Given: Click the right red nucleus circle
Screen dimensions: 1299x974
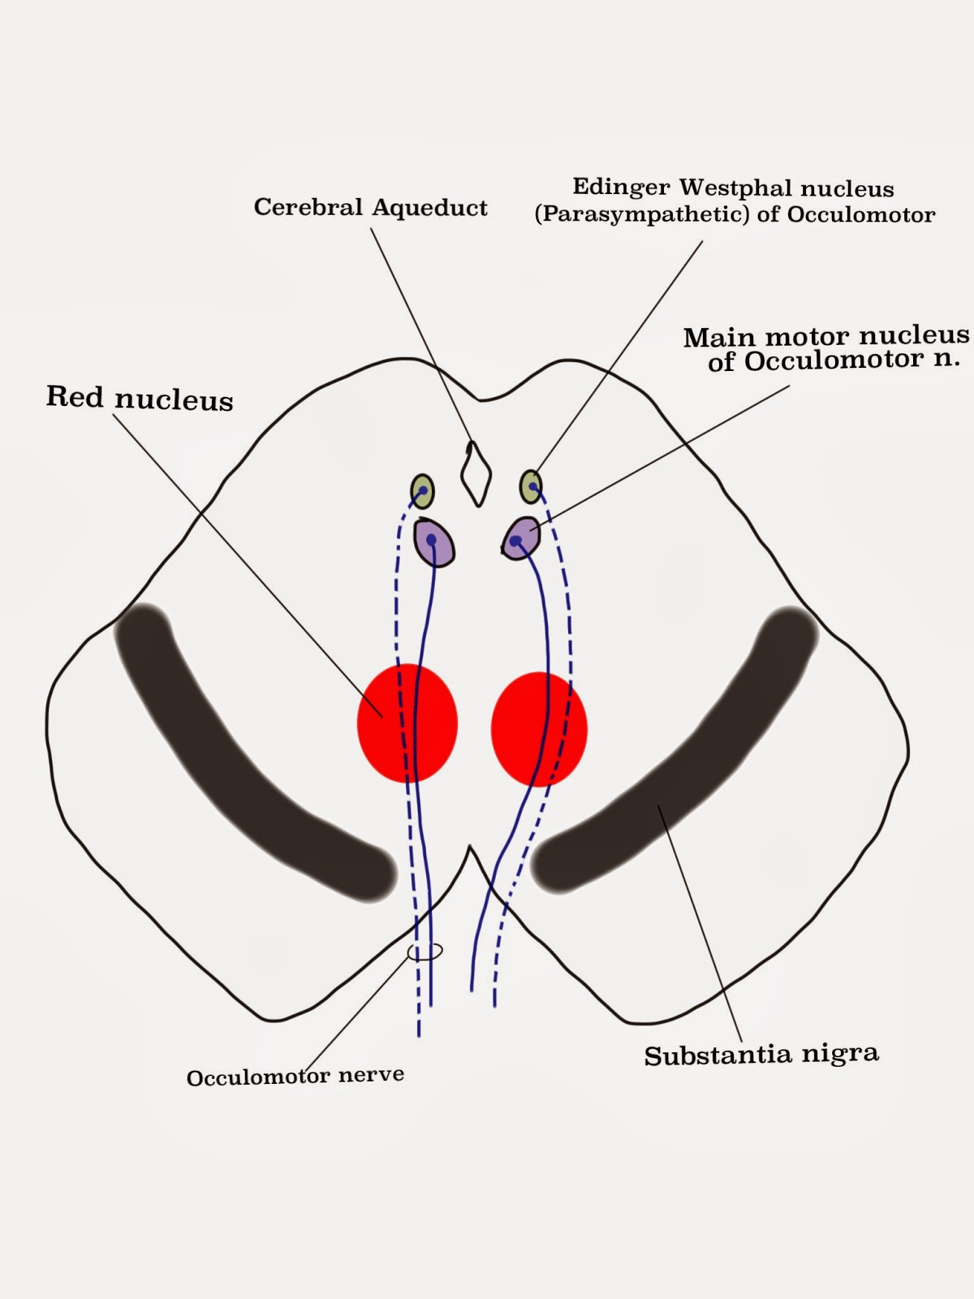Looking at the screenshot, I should (539, 728).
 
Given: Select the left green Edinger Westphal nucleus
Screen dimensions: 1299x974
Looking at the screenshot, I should (422, 491).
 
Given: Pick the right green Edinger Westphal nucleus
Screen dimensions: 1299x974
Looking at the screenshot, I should (530, 486).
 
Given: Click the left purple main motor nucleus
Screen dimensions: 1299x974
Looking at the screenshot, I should (433, 542).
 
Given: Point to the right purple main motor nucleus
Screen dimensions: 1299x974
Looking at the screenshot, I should (520, 538).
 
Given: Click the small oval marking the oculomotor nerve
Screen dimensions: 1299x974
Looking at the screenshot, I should (425, 951).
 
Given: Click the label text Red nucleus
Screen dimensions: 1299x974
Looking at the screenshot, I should (140, 398).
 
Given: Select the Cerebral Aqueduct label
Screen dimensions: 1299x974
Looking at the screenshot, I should (370, 208).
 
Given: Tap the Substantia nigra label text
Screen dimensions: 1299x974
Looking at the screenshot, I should (761, 1055).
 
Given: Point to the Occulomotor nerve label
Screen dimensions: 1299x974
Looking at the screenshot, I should (295, 1077).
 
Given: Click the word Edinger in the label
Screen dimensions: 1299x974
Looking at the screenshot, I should (621, 188).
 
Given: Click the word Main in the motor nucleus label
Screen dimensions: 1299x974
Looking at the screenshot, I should (719, 337).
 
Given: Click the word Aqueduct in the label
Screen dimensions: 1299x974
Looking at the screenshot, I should (429, 209).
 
